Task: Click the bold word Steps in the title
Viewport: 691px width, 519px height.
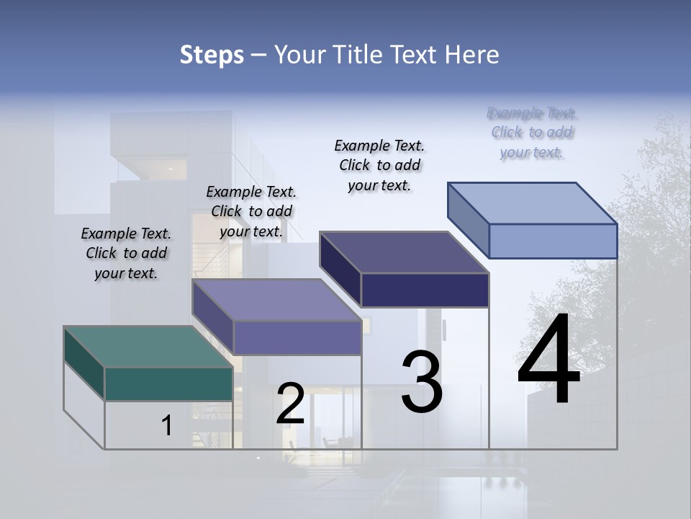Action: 212,55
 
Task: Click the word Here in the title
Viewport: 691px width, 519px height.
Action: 472,55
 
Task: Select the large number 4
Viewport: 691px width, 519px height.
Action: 548,360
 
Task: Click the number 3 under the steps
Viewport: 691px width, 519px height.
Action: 422,382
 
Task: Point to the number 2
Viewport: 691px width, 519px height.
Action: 290,404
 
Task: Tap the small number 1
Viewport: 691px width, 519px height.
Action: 167,425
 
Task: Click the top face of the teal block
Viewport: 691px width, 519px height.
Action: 148,347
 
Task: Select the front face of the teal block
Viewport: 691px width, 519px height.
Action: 168,383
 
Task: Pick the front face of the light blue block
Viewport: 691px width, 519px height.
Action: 553,241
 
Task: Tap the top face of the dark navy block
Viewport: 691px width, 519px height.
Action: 404,252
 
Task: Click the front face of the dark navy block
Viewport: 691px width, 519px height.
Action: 425,290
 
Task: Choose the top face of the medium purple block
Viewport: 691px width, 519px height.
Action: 276,300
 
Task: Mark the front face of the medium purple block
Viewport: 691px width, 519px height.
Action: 297,337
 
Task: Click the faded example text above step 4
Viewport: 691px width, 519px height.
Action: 532,133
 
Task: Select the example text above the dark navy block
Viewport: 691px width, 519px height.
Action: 379,165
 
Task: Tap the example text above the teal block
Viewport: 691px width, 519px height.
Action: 126,253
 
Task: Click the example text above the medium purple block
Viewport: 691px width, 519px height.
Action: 251,211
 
